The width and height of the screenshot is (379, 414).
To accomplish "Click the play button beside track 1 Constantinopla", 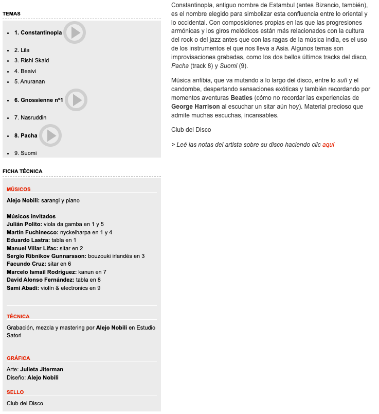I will coord(75,32).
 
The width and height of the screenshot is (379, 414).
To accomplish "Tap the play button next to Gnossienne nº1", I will coord(76,100).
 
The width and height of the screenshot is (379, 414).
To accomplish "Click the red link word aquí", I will coord(328,145).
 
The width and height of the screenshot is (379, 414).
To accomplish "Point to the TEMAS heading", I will coord(11,13).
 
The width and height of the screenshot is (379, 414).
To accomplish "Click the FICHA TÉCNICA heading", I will coord(23,171).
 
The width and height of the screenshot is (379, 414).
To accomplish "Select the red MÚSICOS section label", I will coord(19,189).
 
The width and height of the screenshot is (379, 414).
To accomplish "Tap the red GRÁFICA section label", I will coord(19,358).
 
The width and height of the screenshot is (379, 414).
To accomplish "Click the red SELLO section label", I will coord(15,392).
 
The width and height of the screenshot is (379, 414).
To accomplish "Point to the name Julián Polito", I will coord(24,225).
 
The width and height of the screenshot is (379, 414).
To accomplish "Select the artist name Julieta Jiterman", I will coord(42,369).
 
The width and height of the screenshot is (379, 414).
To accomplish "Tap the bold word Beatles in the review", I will coord(241,97).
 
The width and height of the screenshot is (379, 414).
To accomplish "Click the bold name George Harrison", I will coord(195,107).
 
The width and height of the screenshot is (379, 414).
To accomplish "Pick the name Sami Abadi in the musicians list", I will coord(23,288).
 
